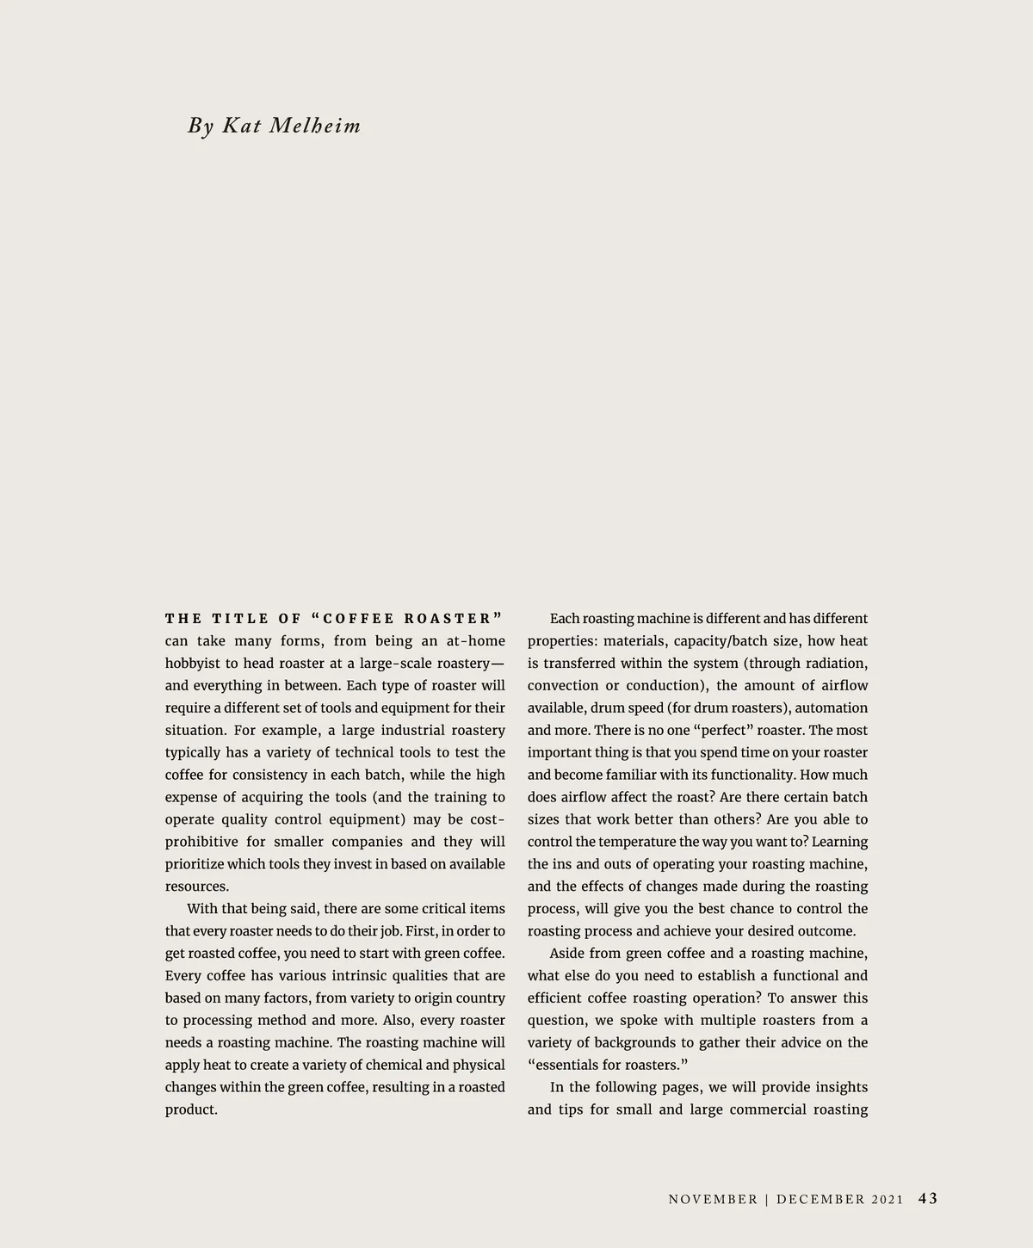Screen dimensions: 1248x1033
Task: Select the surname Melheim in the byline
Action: pyautogui.click(x=315, y=126)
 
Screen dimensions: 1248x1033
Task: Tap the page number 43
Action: pyautogui.click(x=928, y=1198)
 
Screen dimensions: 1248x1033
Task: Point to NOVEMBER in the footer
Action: pyautogui.click(x=713, y=1199)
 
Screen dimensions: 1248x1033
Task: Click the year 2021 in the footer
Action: pyautogui.click(x=887, y=1199)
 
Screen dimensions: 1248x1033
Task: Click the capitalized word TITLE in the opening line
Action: pyautogui.click(x=240, y=619)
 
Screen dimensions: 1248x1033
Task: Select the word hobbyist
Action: pyautogui.click(x=192, y=664)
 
